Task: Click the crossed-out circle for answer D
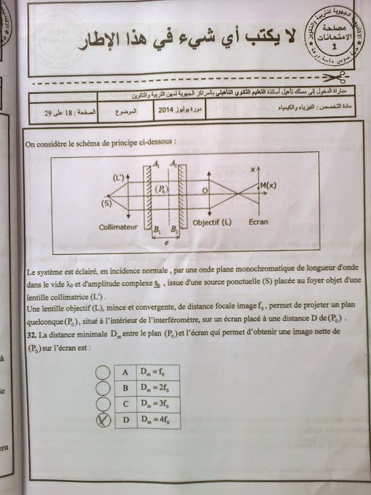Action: coord(104,421)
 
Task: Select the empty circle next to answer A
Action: coord(103,372)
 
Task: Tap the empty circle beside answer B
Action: coord(103,388)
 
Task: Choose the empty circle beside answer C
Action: coord(103,404)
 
